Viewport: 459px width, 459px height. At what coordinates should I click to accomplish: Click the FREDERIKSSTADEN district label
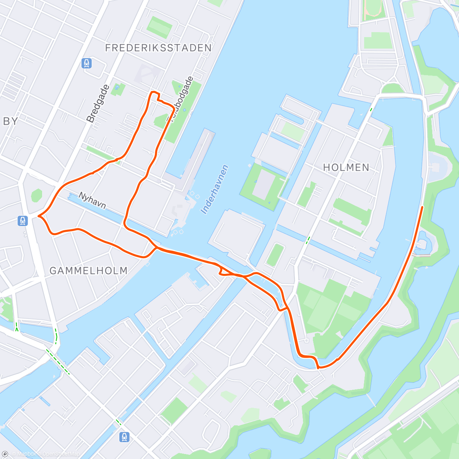[158, 48]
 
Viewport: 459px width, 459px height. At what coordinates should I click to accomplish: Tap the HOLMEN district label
[346, 167]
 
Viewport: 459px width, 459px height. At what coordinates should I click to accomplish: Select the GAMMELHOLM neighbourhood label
[88, 271]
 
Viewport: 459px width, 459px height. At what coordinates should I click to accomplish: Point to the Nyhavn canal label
[92, 201]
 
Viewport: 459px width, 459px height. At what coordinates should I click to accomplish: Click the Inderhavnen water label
[215, 189]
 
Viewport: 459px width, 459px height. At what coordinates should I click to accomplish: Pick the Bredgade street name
[98, 103]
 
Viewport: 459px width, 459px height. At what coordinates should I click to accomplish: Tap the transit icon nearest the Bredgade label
[87, 63]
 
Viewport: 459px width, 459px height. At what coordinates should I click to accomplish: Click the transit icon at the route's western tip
[23, 221]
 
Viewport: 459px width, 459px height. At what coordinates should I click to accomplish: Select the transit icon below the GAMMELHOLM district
[124, 436]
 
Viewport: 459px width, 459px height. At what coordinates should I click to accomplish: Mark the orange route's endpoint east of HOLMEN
[422, 207]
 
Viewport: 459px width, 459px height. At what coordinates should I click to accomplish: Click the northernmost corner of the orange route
[153, 92]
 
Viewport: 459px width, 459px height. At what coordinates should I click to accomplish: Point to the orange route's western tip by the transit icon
[39, 216]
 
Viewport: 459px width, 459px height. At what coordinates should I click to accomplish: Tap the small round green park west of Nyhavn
[36, 195]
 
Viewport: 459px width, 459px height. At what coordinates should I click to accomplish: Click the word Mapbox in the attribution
[27, 454]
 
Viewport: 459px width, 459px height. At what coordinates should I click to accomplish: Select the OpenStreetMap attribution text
[61, 454]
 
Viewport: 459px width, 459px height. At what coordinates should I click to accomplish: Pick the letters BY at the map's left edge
[10, 121]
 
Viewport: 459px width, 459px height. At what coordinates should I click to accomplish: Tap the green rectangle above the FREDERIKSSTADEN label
[160, 27]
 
